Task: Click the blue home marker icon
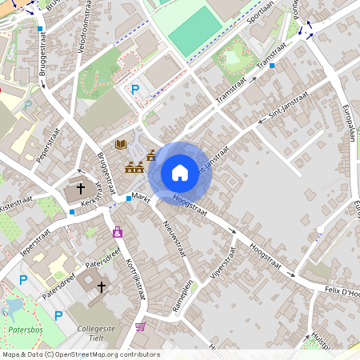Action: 180,172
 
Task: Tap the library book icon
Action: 121,144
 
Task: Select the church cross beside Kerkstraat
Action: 81,189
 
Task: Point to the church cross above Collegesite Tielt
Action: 101,286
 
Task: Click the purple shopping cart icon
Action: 141,326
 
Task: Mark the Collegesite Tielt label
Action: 102,333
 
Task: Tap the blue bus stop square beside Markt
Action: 128,198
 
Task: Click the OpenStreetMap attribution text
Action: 80,354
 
